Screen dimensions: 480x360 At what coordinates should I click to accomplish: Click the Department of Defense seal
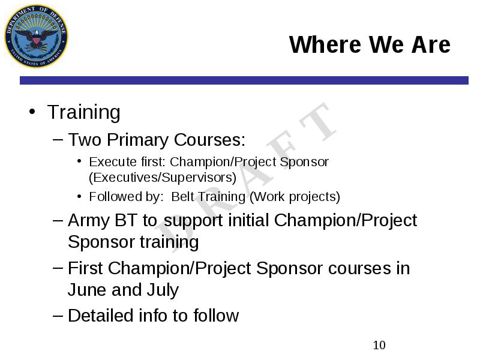[36, 36]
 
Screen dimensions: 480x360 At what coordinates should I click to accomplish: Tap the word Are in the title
[431, 44]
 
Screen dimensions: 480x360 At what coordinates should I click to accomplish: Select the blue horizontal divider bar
[244, 80]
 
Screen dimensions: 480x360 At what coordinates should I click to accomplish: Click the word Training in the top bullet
[83, 112]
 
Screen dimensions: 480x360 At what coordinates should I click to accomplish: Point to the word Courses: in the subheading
[209, 140]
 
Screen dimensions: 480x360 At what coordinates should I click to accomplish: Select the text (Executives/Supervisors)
[163, 178]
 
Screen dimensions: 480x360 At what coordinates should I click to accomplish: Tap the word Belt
[182, 197]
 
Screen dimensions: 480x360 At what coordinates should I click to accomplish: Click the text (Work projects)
[295, 197]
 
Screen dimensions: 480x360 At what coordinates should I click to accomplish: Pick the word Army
[89, 221]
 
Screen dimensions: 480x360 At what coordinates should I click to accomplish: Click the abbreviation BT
[126, 220]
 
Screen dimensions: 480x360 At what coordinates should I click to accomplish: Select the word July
[163, 290]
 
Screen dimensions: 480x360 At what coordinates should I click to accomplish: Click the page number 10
[379, 346]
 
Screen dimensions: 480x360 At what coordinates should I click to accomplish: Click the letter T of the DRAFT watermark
[319, 122]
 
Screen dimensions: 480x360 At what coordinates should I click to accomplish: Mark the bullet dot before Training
[32, 112]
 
